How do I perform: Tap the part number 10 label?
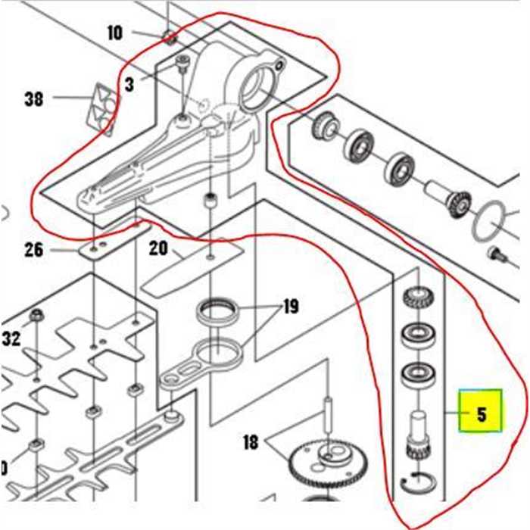[114, 33]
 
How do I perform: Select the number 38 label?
[35, 99]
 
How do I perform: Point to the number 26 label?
[34, 249]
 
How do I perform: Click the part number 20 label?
[157, 248]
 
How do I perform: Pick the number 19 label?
[290, 307]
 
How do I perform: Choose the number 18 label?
[251, 441]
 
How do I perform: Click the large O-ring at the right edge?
[495, 220]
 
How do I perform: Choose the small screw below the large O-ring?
[496, 252]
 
